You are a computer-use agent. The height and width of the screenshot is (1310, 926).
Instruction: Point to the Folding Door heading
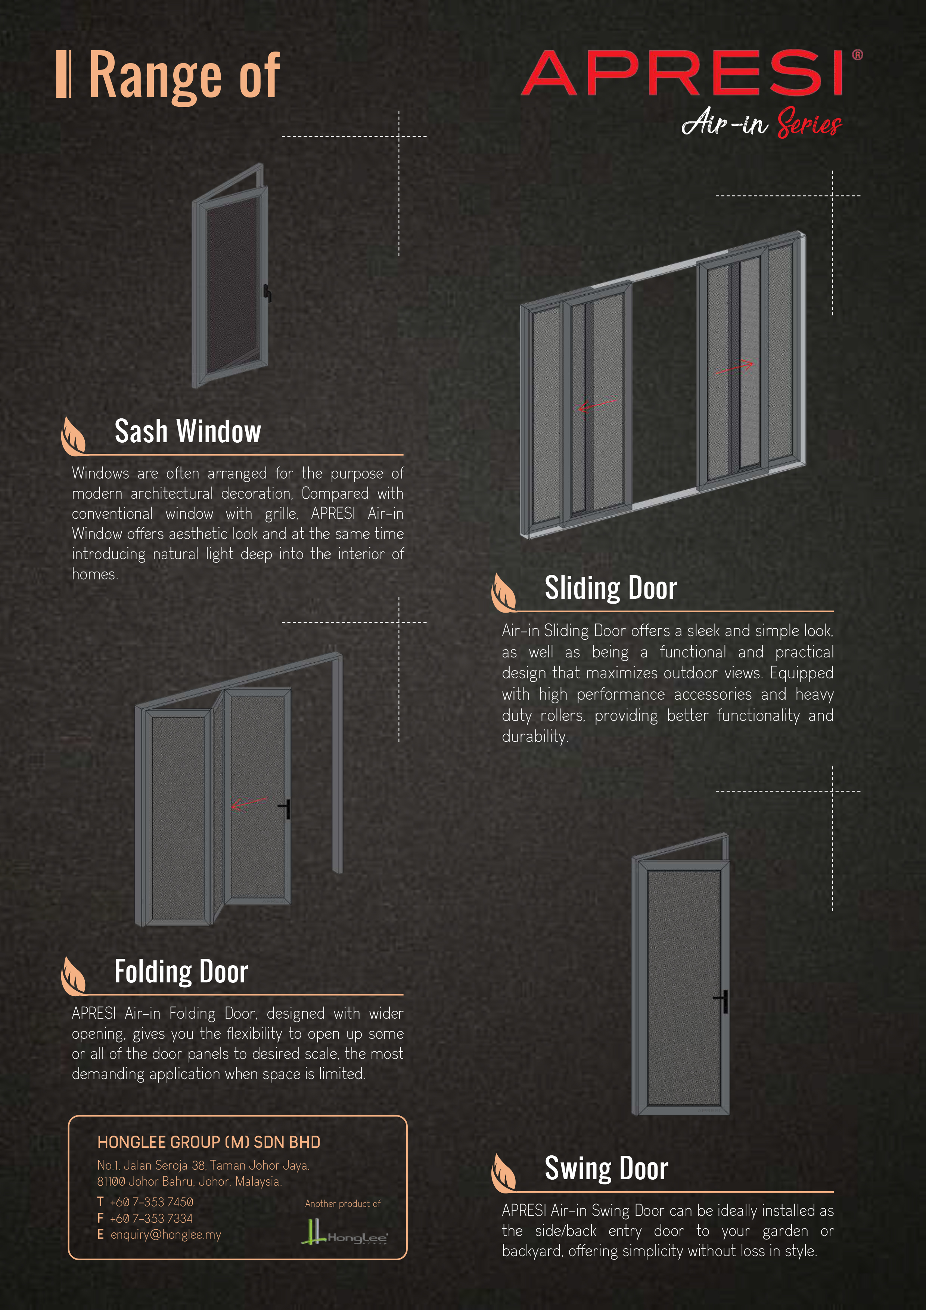pyautogui.click(x=181, y=971)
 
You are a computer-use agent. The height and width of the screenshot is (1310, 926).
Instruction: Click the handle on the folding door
pyautogui.click(x=285, y=808)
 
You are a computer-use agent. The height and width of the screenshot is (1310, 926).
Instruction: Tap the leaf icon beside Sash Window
pyautogui.click(x=73, y=436)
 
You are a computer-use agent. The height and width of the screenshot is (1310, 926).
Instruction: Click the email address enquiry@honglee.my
pyautogui.click(x=165, y=1235)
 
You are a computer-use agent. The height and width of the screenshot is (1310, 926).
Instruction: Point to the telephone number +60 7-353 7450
pyautogui.click(x=152, y=1202)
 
